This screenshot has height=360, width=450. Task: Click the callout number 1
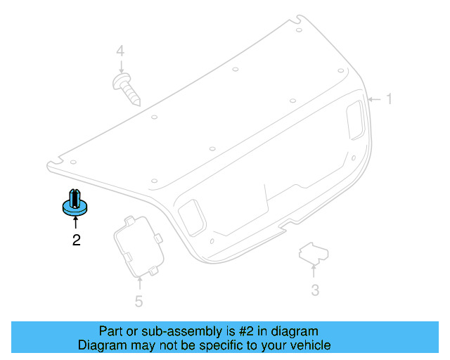387,99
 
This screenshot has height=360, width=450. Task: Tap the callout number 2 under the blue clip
76,240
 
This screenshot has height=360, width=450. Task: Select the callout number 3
315,290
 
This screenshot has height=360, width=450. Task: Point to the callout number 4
120,51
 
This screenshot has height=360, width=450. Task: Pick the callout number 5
139,302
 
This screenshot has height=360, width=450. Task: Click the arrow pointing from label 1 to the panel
374,99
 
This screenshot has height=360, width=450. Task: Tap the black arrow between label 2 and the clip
75,224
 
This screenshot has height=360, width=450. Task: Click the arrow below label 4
120,67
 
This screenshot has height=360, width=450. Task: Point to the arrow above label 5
139,283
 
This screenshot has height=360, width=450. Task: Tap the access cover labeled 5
138,245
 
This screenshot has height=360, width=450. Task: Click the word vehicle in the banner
308,345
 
